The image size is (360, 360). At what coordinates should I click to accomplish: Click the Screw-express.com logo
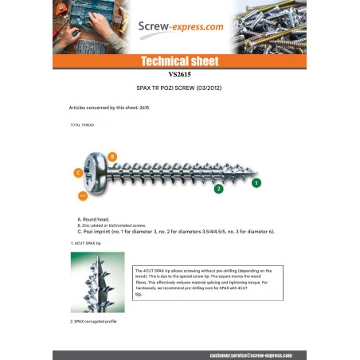coord(179,26)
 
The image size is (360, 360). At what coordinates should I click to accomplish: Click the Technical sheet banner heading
coord(179,61)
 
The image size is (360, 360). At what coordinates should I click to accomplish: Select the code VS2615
coord(179,73)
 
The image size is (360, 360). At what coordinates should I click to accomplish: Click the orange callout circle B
coord(112,156)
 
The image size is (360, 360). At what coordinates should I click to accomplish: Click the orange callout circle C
coord(78,172)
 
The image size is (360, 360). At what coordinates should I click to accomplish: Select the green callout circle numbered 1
coord(256,182)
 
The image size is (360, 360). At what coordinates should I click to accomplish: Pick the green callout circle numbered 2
coord(218,189)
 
